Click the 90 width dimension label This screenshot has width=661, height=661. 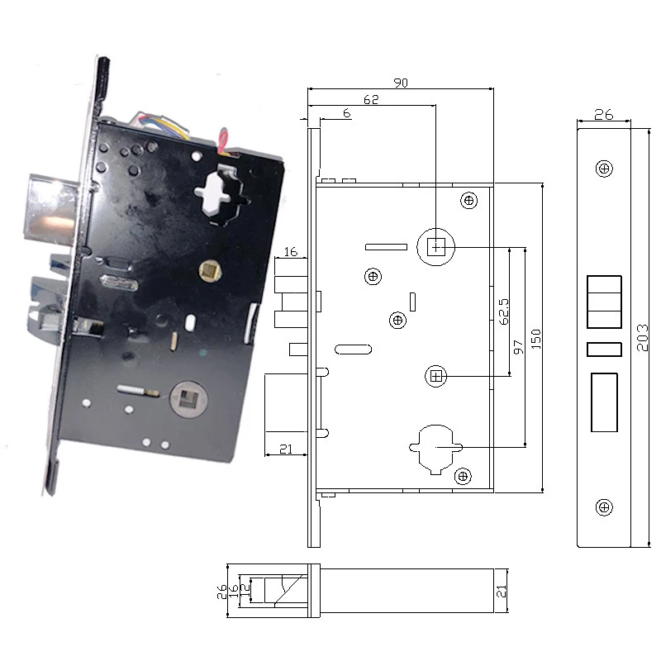401,83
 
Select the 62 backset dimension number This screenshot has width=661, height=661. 370,100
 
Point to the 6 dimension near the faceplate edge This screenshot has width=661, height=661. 345,112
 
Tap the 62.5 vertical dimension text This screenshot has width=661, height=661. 503,313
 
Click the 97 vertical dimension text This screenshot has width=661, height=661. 518,347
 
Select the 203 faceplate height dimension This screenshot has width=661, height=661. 644,338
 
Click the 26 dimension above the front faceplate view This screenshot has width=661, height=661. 604,115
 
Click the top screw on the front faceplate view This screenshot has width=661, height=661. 605,169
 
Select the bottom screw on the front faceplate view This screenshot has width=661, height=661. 605,506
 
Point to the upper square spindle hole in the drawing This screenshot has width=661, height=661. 435,245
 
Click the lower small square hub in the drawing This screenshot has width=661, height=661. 437,377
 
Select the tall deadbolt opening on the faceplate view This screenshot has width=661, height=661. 604,402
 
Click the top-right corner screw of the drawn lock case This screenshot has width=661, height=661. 469,201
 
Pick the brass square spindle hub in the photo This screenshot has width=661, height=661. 209,268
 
